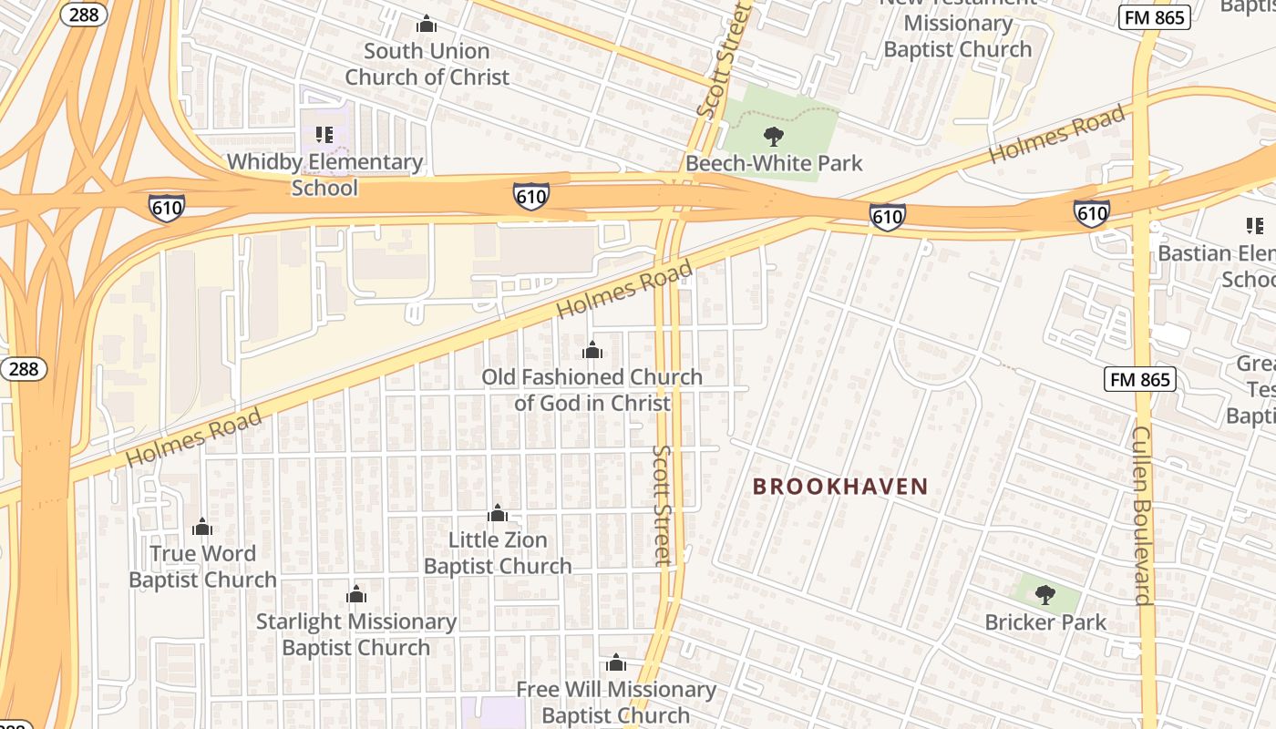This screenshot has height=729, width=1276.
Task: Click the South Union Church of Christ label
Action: click(427, 64)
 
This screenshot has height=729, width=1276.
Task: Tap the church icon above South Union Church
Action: click(426, 24)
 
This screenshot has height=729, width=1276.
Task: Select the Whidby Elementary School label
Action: click(324, 175)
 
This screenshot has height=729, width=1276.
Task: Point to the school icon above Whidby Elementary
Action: click(324, 135)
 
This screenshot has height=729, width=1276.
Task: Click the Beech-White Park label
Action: click(774, 164)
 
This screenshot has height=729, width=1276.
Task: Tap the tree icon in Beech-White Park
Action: click(774, 138)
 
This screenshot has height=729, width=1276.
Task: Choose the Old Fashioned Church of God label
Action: click(592, 390)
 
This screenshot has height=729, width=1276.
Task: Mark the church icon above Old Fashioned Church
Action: click(592, 350)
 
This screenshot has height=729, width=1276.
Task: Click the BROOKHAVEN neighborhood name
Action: click(840, 487)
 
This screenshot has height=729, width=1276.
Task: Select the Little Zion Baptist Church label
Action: click(498, 553)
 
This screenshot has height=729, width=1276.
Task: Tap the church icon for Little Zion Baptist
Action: click(498, 513)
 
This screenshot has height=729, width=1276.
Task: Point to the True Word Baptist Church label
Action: click(202, 567)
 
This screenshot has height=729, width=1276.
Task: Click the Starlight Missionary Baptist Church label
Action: click(356, 634)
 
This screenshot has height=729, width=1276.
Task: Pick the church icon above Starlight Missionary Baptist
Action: click(356, 595)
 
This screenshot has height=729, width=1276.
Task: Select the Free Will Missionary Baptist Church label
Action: click(616, 702)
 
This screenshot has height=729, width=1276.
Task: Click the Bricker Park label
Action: click(1045, 622)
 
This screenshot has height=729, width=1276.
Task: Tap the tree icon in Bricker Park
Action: click(1045, 595)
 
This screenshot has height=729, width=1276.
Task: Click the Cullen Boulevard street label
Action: click(1142, 515)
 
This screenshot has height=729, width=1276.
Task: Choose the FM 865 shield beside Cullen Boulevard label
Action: click(1139, 380)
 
